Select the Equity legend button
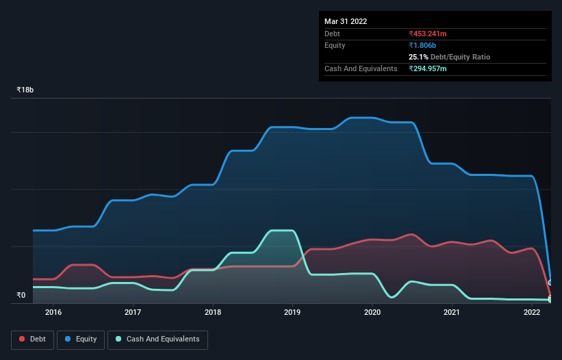point(80,339)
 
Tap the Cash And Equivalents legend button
point(157,339)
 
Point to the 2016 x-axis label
point(53,313)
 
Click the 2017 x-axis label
point(133,313)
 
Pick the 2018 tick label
point(213,313)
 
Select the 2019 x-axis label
point(292,313)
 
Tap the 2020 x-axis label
point(372,313)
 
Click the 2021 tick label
point(452,313)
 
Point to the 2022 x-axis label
point(532,313)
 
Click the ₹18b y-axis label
point(25,90)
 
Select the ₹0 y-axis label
point(21,296)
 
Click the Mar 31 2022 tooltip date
point(346,21)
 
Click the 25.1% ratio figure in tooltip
point(418,57)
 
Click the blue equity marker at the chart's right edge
point(550,283)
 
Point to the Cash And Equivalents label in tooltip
point(361,68)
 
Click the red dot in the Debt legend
point(23,339)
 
